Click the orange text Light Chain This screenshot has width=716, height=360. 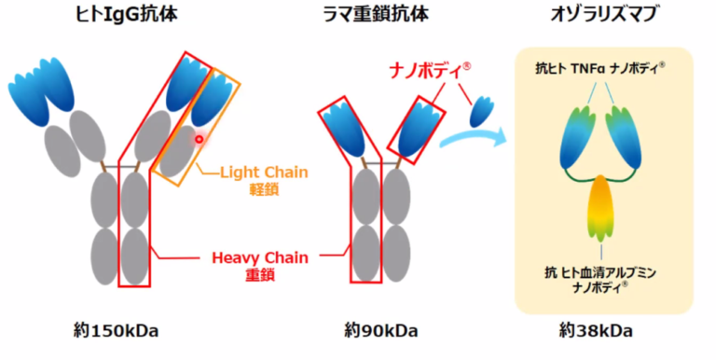point(264,173)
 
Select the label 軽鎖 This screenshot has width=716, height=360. point(264,189)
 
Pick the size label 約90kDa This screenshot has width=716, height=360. point(380,330)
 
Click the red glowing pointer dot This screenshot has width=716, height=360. point(199,139)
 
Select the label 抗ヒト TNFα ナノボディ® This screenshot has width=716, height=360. point(601,68)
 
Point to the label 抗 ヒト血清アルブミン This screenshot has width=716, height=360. point(601,272)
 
